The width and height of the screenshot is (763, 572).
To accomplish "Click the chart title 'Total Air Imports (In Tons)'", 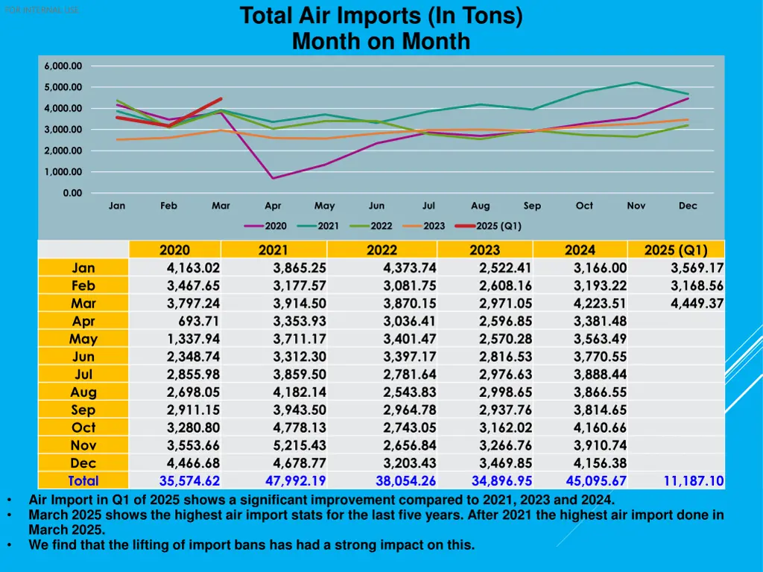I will pyautogui.click(x=381, y=16).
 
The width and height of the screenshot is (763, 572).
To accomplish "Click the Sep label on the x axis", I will pyautogui.click(x=532, y=206).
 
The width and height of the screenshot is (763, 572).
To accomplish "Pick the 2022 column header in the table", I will pyautogui.click(x=381, y=250).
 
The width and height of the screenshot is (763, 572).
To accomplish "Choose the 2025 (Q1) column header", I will pyautogui.click(x=676, y=250).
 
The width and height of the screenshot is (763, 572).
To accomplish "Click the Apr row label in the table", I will pyautogui.click(x=83, y=321).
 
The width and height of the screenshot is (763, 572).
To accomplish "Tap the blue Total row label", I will pyautogui.click(x=83, y=481).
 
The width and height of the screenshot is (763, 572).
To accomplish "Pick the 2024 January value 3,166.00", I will pyautogui.click(x=600, y=268).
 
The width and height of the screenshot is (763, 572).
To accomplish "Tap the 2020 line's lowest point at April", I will pyautogui.click(x=273, y=178).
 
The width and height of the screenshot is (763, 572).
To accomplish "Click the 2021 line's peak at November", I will pyautogui.click(x=636, y=83).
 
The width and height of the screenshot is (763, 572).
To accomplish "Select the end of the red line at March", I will pyautogui.click(x=221, y=99).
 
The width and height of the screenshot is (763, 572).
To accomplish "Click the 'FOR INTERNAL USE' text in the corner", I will pyautogui.click(x=41, y=10).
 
